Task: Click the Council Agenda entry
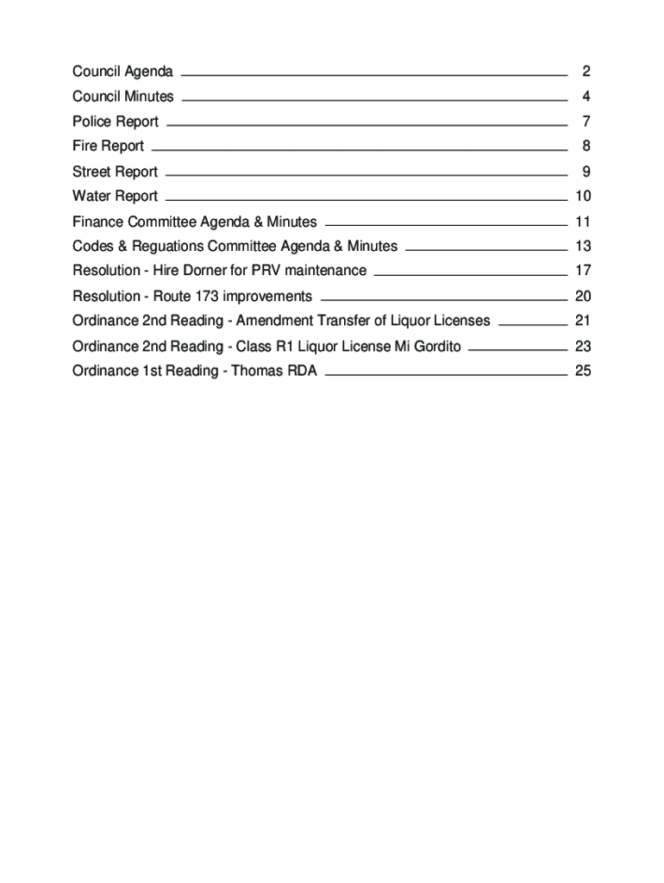click(x=122, y=71)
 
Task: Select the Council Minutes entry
click(x=122, y=96)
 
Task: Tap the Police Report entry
click(x=116, y=122)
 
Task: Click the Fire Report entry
click(x=108, y=146)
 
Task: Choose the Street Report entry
click(x=115, y=172)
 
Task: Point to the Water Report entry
click(x=115, y=196)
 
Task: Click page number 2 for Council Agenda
click(x=586, y=71)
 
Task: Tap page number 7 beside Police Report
click(x=586, y=122)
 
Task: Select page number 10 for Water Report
click(x=582, y=196)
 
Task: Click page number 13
click(x=582, y=247)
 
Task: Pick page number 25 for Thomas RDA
click(x=582, y=372)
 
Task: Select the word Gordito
click(x=434, y=347)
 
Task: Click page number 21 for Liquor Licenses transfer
click(x=582, y=321)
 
